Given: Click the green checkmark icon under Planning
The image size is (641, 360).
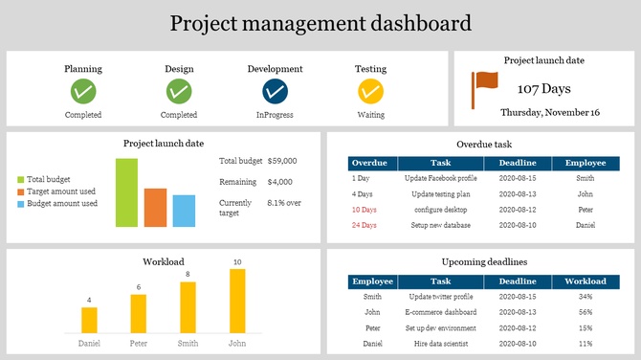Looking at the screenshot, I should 83,92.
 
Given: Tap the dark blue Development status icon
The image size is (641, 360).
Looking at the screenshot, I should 275,92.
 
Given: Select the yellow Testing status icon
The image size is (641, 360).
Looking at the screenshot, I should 370,92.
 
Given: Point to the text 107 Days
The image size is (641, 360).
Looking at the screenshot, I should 543,89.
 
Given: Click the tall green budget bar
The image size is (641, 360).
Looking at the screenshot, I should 126,192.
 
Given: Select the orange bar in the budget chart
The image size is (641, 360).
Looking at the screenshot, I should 155,207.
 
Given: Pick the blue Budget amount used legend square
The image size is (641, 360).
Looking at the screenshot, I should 20,204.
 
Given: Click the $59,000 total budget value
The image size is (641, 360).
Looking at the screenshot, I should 282,162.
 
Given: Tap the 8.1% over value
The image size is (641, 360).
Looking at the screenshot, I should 284,203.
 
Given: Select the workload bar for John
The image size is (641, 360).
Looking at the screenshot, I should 237,301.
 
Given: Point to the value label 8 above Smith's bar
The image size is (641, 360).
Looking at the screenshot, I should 188,275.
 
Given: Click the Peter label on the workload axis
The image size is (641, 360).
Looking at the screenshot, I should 139,343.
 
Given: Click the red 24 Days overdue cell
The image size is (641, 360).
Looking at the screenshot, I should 364,225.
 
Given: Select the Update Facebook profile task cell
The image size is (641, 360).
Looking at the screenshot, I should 440,178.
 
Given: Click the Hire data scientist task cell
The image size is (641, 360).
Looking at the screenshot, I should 440,343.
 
